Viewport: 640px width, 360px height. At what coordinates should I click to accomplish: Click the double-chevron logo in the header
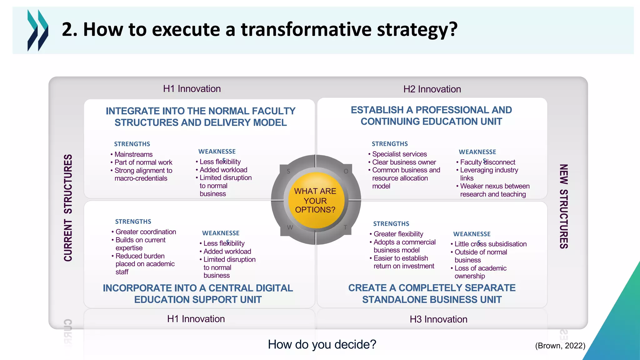pos(38,30)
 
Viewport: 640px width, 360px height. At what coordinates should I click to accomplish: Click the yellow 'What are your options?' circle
pos(315,200)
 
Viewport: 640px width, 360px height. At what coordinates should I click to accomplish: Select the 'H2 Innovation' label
pos(432,89)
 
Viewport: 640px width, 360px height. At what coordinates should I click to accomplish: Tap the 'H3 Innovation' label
pos(438,319)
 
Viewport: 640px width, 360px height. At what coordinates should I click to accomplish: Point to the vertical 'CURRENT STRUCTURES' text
pos(68,208)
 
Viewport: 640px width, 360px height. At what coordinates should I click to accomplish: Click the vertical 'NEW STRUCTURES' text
pos(563,206)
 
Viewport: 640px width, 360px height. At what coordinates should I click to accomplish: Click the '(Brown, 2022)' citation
pos(560,346)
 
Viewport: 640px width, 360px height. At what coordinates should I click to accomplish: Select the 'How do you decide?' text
pos(322,344)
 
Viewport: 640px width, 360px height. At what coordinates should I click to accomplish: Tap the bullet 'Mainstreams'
pos(133,154)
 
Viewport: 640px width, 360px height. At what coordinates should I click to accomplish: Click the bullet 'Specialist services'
pos(399,154)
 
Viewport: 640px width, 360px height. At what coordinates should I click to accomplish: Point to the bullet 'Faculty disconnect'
pos(487,162)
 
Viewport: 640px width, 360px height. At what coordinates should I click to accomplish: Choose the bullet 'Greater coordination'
pos(146,232)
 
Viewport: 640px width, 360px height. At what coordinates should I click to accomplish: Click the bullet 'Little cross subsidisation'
pos(490,244)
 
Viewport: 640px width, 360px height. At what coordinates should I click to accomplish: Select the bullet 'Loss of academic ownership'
pos(480,272)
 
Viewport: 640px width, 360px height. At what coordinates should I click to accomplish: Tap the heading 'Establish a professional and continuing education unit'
pos(431,116)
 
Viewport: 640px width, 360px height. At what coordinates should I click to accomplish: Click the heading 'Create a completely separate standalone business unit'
pos(432,293)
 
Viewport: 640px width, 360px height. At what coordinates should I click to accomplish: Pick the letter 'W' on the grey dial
pos(290,227)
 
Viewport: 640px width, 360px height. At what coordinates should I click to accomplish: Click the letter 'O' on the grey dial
pos(346,171)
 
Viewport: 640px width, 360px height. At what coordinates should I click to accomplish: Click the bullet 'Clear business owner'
pos(404,162)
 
